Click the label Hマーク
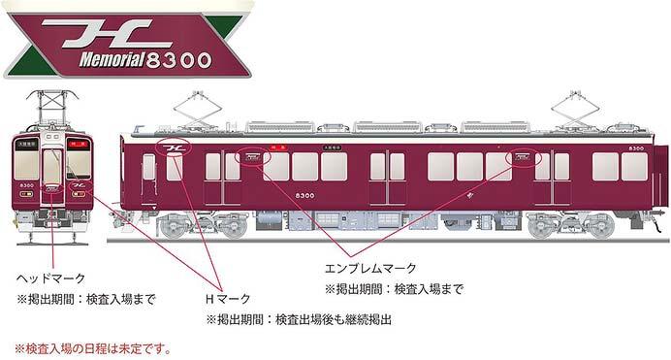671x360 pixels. pos(226,299)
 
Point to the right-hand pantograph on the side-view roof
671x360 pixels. pos(571,109)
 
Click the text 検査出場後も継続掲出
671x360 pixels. pos(335,319)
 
